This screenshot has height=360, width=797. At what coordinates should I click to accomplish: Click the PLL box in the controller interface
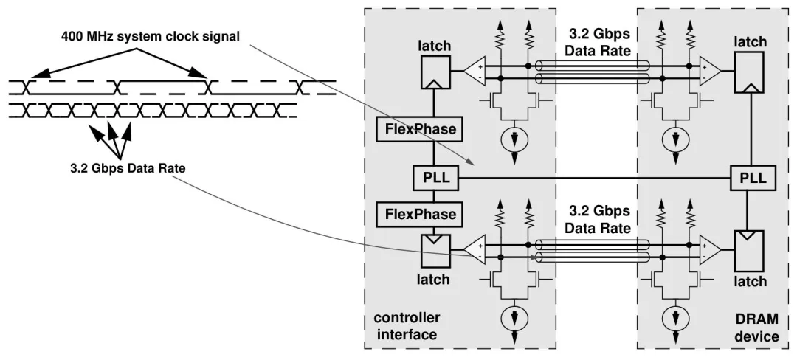pos(435,178)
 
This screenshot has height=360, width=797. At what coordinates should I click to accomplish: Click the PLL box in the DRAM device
pos(750,178)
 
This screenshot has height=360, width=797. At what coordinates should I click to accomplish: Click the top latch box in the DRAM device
pos(750,74)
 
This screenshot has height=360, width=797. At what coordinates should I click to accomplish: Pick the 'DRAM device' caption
pos(756,326)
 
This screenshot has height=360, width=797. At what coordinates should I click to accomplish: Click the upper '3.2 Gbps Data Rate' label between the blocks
pos(598,43)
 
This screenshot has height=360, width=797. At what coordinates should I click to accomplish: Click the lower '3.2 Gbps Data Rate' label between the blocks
pos(598,218)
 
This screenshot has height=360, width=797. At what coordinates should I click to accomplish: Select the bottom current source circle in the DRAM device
pos(672,319)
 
